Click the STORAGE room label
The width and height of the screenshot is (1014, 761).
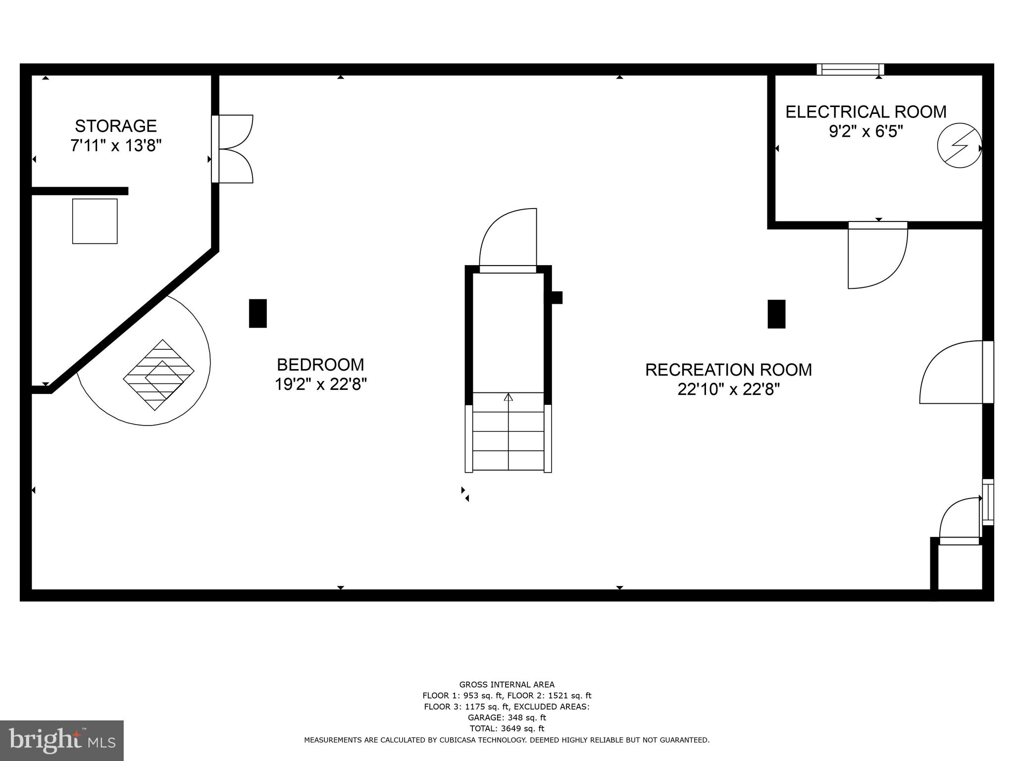(116, 126)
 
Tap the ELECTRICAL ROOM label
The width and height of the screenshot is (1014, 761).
(866, 112)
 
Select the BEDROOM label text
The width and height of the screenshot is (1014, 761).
(320, 365)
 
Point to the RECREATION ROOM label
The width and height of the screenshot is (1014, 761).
(728, 370)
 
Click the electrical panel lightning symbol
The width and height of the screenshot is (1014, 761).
(960, 145)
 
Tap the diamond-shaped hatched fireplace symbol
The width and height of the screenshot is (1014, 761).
(158, 375)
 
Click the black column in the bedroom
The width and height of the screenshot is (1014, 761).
(257, 313)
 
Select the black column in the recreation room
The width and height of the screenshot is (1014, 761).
(776, 314)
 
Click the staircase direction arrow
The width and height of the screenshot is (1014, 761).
(508, 397)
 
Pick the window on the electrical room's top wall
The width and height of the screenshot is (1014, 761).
(850, 69)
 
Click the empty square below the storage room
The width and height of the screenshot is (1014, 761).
(95, 221)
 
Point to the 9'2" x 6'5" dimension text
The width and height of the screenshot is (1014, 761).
(866, 132)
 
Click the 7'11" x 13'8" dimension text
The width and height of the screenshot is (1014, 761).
(116, 146)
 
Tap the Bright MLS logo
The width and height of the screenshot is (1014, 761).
(62, 740)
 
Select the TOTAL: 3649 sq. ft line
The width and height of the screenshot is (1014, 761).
(507, 728)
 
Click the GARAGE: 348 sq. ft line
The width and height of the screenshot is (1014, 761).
(507, 717)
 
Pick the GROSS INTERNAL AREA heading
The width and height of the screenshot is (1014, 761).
(507, 685)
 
